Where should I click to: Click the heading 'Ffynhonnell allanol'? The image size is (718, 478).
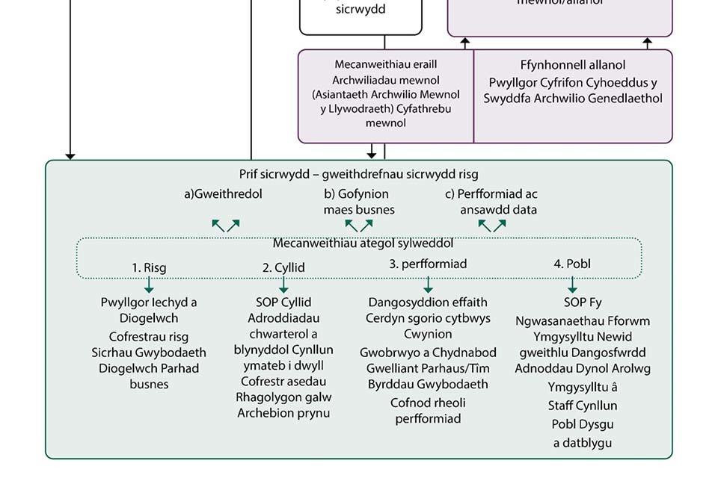tap(573, 65)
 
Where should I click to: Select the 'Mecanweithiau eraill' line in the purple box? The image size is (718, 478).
tap(385, 64)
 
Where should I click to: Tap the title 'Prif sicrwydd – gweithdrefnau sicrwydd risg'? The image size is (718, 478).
tap(358, 175)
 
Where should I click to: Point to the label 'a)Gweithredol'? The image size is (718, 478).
tap(224, 194)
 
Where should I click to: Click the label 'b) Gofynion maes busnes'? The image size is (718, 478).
tap(358, 202)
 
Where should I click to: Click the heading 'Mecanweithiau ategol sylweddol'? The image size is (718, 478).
tap(363, 243)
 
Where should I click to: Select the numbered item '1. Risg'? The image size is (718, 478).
tap(150, 267)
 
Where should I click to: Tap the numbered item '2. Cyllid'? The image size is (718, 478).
tap(283, 267)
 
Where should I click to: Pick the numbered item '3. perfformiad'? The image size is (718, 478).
tap(428, 264)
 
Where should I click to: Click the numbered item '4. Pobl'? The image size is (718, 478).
tap(572, 264)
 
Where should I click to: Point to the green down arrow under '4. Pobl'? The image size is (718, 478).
tap(572, 285)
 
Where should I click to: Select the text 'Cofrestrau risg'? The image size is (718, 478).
tap(149, 337)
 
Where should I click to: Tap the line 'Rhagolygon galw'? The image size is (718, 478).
tap(283, 397)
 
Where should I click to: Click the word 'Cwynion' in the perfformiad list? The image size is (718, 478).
tap(428, 334)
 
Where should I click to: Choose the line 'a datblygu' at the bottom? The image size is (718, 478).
tap(583, 442)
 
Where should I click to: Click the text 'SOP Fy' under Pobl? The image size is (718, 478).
tap(583, 302)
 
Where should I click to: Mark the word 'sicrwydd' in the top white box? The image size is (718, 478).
tap(360, 10)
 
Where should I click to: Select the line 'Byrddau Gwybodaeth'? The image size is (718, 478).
tap(428, 384)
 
